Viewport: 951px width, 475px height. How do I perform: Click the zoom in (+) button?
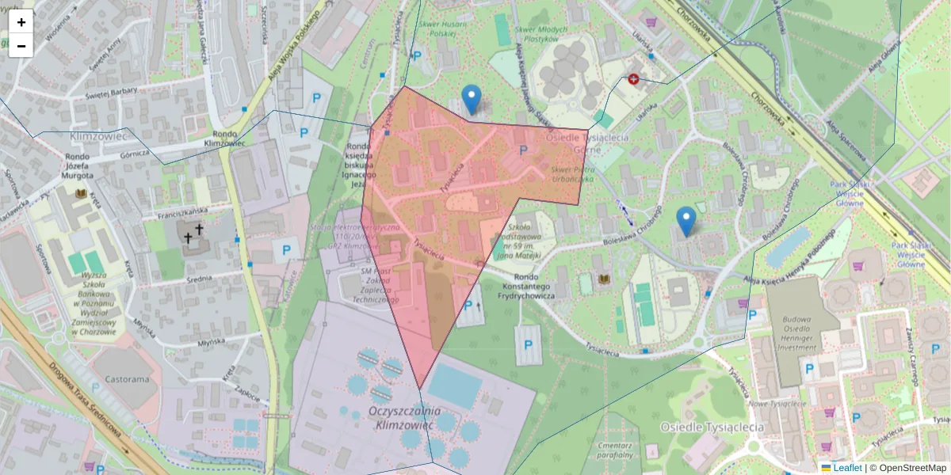point(21,22)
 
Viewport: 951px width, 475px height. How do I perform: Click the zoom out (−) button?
point(21,46)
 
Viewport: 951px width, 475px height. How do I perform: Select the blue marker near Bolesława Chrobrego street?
point(686,221)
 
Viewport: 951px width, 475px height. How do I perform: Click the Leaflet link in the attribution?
point(846,468)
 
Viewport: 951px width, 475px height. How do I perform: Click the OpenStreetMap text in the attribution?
point(911,468)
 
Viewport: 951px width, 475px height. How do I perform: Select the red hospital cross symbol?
point(633,79)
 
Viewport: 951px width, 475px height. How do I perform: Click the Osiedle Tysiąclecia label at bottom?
point(712,427)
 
